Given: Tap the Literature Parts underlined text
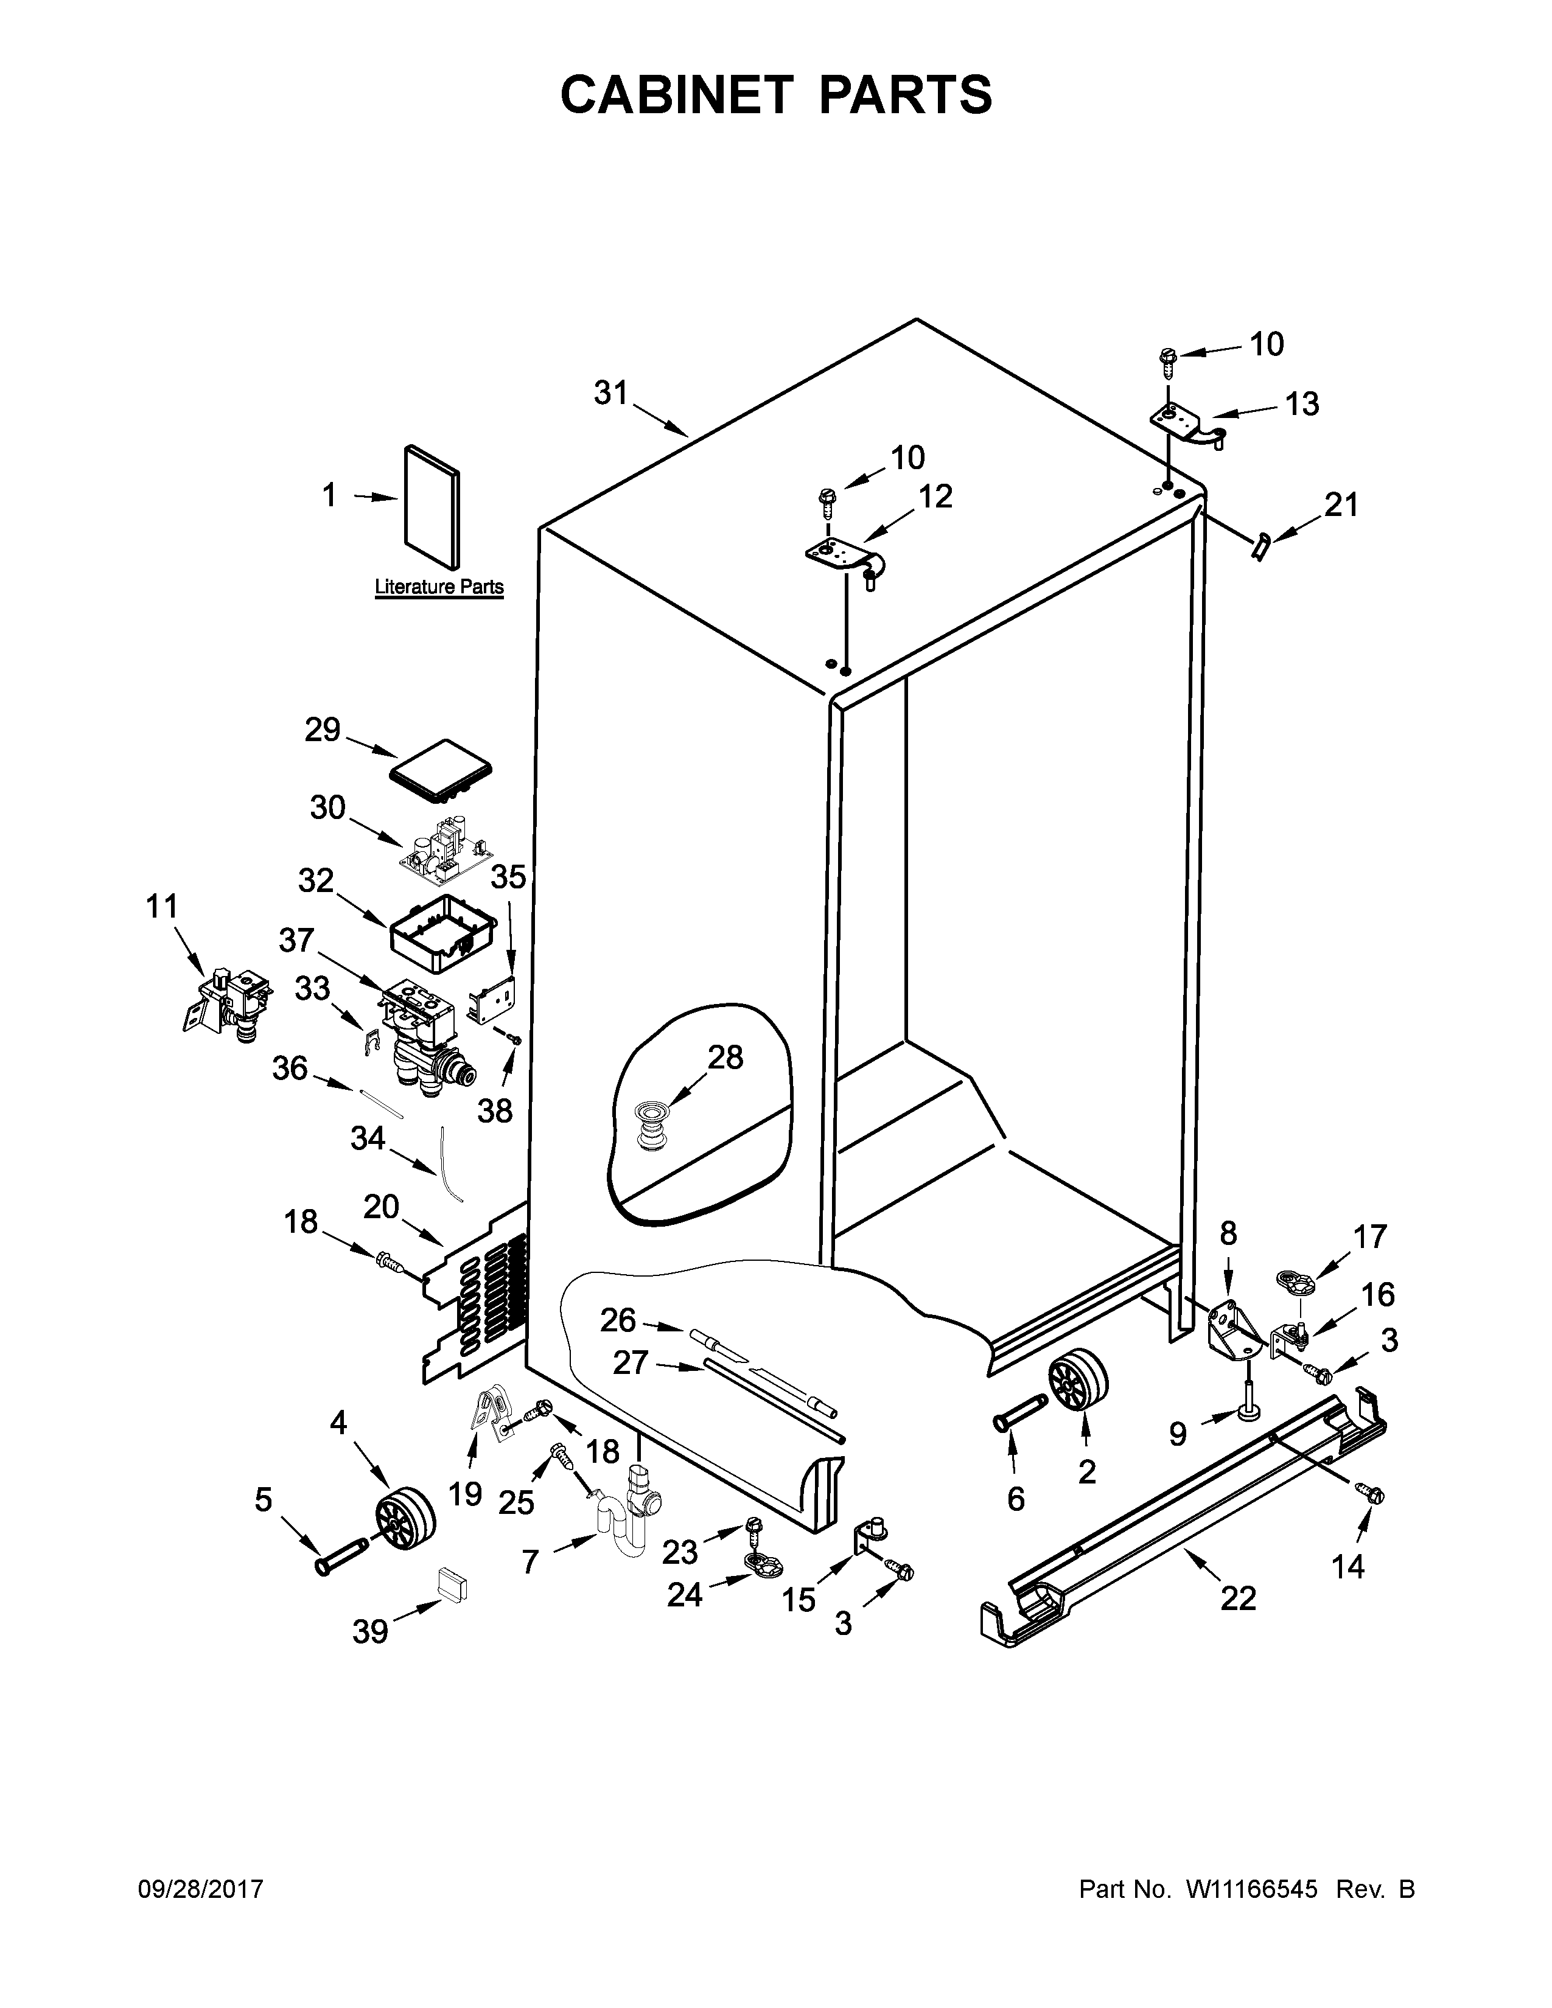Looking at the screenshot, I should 439,587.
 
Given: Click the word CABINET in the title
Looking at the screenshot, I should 676,95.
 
